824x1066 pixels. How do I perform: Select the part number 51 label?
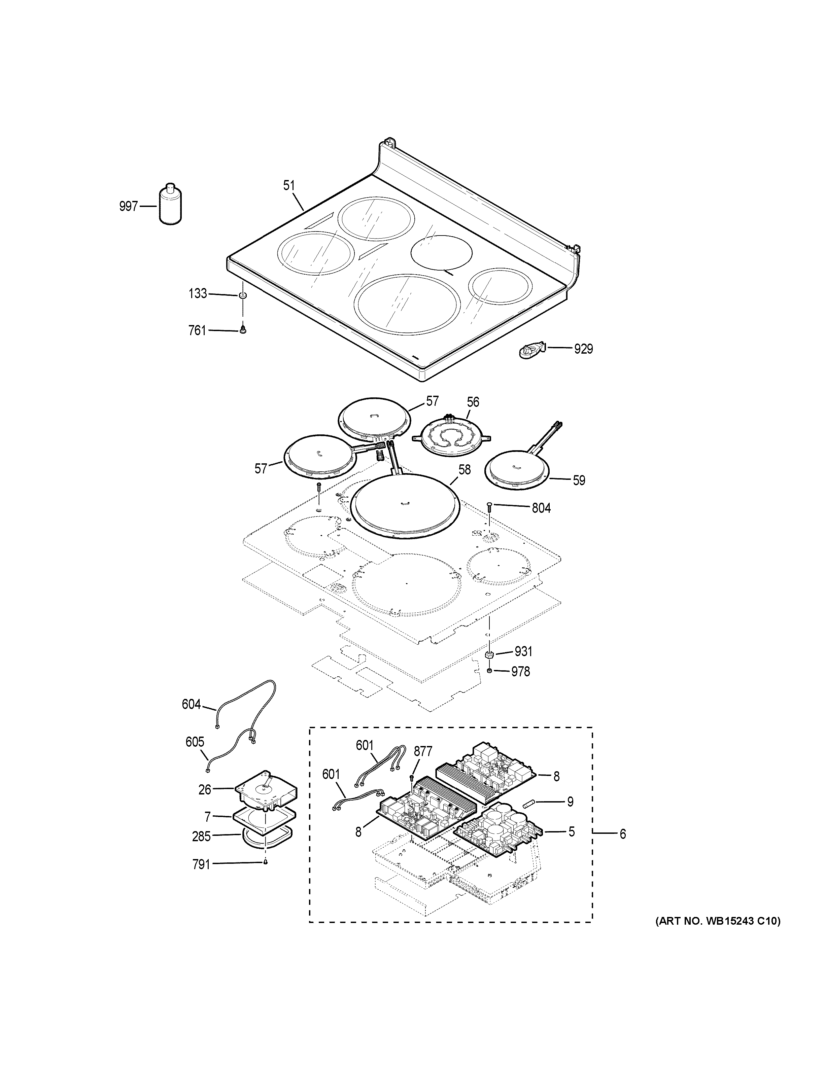click(x=289, y=185)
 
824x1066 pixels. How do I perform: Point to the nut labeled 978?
click(x=489, y=672)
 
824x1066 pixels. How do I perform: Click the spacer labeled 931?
click(x=489, y=654)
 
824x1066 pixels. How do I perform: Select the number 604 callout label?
click(x=191, y=704)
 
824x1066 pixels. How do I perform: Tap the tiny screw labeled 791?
click(x=265, y=862)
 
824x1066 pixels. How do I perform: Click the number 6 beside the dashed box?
click(x=622, y=834)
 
